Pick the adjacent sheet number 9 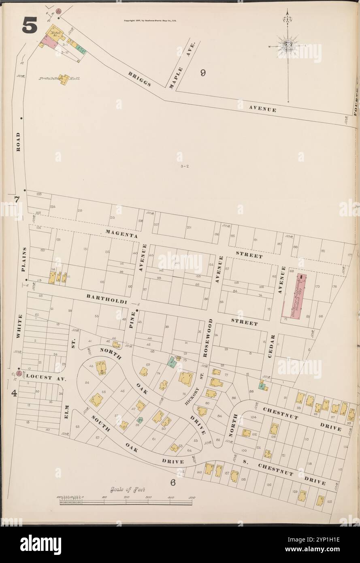click(x=203, y=73)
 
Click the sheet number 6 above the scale click(x=172, y=482)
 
